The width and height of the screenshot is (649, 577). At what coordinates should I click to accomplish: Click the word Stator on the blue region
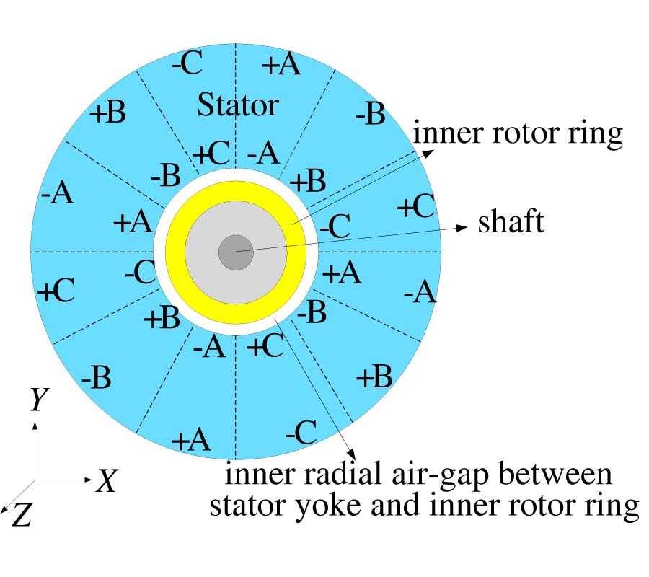tap(238, 105)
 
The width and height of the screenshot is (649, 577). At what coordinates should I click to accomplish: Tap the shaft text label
tap(511, 222)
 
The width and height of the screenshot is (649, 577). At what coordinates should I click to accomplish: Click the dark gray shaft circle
tap(236, 252)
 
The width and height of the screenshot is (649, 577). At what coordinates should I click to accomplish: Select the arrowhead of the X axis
tap(89, 480)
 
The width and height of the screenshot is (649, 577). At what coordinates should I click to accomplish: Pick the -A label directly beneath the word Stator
tap(262, 153)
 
